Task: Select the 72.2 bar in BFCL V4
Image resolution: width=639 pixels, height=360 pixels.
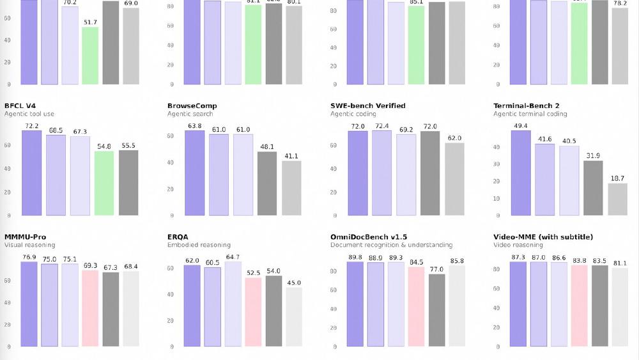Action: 31,173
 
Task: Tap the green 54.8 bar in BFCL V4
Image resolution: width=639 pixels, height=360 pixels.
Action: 104,183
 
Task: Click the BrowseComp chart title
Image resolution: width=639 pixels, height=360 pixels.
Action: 192,106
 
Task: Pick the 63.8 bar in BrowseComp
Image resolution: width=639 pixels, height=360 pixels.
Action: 194,173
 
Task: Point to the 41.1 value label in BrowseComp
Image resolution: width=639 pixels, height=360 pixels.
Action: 291,156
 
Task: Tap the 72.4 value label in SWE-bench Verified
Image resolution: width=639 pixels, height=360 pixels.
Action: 381,126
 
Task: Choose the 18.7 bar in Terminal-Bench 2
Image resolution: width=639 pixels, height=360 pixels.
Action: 617,199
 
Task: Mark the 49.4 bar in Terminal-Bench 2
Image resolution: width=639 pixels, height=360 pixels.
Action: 521,173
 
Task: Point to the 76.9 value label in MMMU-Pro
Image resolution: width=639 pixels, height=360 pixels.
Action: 29,257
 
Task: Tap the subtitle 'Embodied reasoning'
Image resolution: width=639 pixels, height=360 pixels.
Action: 199,245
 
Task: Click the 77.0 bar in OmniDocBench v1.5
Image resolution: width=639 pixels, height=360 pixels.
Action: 438,310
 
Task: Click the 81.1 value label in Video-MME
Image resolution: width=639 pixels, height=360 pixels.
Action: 620,263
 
